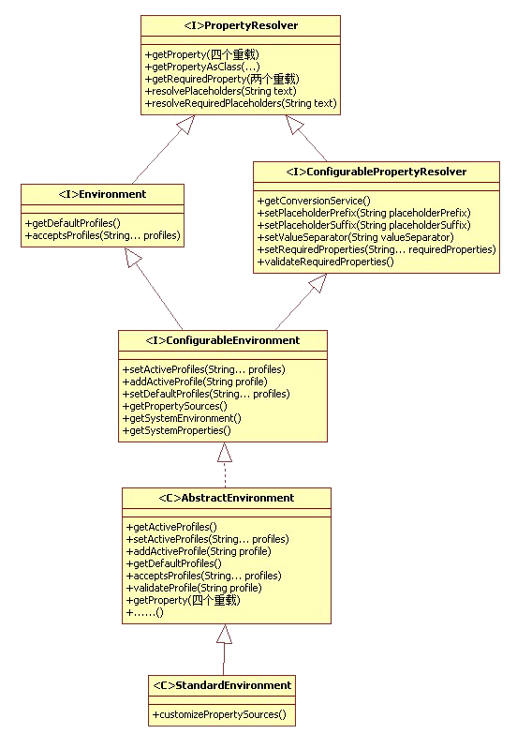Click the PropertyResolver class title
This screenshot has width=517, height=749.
click(x=241, y=25)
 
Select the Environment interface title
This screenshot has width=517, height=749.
click(x=102, y=194)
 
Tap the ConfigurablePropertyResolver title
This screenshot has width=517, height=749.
click(x=377, y=172)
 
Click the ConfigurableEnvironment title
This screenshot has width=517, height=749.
click(x=223, y=340)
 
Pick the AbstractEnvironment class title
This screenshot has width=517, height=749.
click(x=227, y=498)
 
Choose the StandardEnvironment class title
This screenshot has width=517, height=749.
click(x=222, y=685)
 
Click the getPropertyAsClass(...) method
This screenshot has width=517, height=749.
click(x=202, y=67)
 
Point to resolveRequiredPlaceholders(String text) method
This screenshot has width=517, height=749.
click(x=241, y=103)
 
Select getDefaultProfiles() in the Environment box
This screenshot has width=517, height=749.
click(x=73, y=223)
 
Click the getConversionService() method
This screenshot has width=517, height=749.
click(x=314, y=201)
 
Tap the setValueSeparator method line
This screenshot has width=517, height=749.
click(x=355, y=237)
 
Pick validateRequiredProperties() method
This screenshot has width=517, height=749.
click(x=326, y=262)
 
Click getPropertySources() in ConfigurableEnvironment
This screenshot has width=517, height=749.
click(x=175, y=406)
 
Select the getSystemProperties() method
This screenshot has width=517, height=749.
click(x=177, y=430)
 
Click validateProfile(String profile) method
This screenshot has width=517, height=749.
click(x=194, y=588)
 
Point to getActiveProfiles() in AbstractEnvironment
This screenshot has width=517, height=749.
click(x=171, y=527)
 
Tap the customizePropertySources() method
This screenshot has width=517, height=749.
click(x=219, y=714)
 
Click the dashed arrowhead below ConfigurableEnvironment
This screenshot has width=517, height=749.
click(x=225, y=453)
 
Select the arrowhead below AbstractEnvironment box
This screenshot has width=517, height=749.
click(x=224, y=634)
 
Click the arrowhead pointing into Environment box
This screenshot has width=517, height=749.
click(x=133, y=258)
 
